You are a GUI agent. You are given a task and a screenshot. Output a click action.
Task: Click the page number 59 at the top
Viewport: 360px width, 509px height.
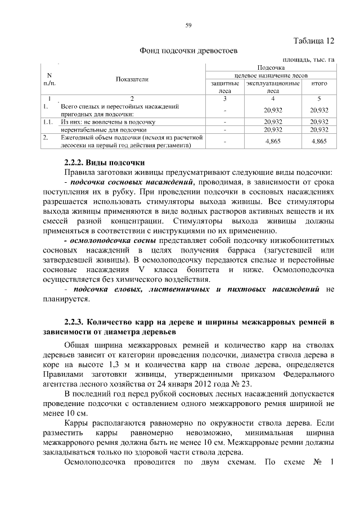(188, 24)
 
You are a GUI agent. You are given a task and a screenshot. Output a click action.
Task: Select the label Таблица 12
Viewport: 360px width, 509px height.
(314, 40)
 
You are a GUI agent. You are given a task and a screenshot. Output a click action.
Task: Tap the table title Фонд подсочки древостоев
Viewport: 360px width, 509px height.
(188, 51)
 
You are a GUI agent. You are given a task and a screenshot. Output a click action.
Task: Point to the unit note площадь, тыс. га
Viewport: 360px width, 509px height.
(308, 59)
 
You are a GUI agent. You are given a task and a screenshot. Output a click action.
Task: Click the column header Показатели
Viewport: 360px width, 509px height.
(132, 79)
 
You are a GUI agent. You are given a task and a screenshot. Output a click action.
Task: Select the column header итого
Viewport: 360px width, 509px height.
(319, 83)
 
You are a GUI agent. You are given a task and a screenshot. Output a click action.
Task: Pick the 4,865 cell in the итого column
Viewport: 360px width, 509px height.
(319, 142)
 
